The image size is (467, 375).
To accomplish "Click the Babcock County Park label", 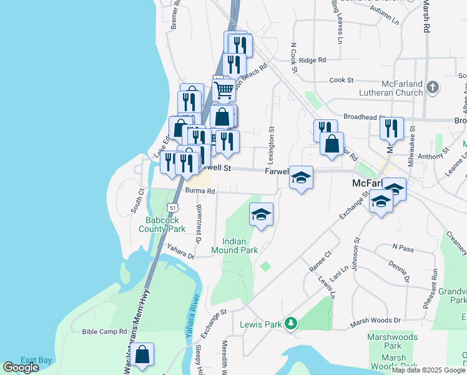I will tap(165, 224).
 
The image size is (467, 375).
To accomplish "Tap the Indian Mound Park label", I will tap(240, 246).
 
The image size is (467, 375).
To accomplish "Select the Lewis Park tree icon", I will tap(290, 324).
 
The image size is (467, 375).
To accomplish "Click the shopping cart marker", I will tap(224, 90).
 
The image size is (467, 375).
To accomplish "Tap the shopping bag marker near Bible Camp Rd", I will tap(142, 354).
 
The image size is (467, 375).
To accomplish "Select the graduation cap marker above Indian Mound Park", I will tap(261, 215).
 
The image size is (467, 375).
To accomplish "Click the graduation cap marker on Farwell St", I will tap(301, 178).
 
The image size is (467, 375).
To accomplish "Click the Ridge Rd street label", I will tap(313, 61).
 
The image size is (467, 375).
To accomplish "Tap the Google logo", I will tap(21, 367).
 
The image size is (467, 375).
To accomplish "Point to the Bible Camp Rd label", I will tap(105, 331).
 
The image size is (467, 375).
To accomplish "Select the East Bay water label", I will tap(36, 360).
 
